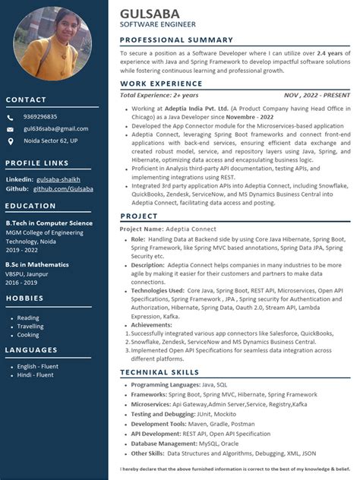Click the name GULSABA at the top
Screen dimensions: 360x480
coord(150,13)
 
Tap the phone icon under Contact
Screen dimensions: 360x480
coord(10,117)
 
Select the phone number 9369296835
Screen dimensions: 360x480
coord(40,117)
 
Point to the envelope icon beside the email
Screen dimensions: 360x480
coord(10,129)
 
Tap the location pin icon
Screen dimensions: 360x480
coord(10,141)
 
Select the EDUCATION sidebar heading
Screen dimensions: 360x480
coord(31,206)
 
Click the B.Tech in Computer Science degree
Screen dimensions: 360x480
coord(49,224)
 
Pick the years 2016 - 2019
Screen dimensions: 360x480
coord(22,281)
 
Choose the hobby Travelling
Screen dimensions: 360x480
coord(30,327)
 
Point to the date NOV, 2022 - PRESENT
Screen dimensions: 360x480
coord(317,95)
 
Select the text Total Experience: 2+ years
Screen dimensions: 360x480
coord(159,95)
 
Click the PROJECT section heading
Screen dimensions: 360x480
coord(139,216)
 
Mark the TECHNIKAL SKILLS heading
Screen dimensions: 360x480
coord(158,372)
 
